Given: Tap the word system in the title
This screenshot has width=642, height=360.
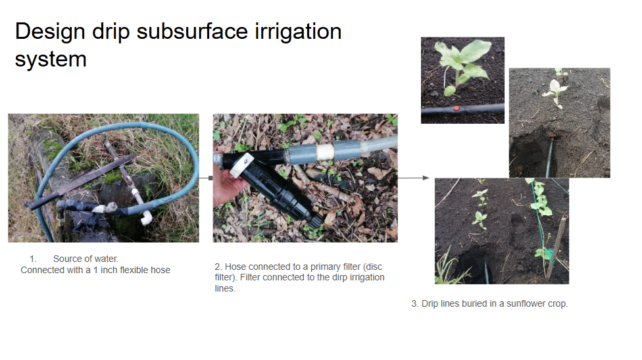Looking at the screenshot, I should [x=51, y=59].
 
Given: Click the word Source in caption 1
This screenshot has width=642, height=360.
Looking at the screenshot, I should [x=68, y=259].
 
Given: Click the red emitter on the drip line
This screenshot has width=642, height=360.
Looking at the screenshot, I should [x=456, y=107].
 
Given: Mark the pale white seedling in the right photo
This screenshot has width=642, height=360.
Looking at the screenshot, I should [x=556, y=91].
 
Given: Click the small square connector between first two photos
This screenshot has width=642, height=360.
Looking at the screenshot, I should [x=210, y=178].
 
